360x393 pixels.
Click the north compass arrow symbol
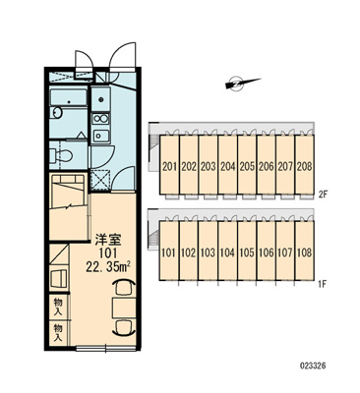click(x=242, y=84)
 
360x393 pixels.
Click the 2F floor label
click(x=323, y=195)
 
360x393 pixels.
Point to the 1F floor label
click(x=323, y=284)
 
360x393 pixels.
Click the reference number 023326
click(x=313, y=365)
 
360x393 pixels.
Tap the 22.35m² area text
click(x=108, y=267)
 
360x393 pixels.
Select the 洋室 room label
click(x=108, y=240)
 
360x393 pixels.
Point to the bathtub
click(x=69, y=97)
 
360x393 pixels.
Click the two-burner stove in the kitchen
click(x=100, y=119)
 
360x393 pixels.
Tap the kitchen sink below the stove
click(x=100, y=136)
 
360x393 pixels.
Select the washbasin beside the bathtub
click(x=56, y=112)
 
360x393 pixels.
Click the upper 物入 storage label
click(x=58, y=307)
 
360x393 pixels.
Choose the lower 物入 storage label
click(x=58, y=333)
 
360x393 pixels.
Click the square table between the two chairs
click(x=124, y=309)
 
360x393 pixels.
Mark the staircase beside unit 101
click(x=153, y=236)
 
